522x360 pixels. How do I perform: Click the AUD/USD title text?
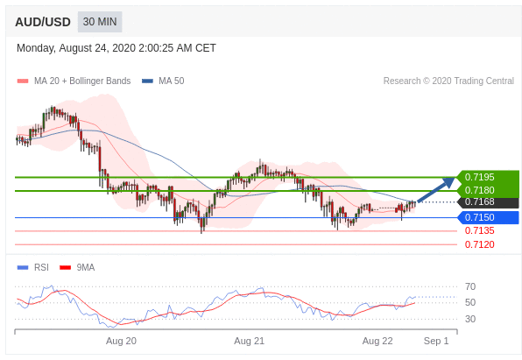43,22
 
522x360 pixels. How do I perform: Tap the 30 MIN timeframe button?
100,22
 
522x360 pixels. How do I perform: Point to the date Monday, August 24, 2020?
76,48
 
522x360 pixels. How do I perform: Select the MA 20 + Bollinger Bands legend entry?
74,81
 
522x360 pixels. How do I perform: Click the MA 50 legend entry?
163,81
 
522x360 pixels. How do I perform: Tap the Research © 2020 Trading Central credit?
448,81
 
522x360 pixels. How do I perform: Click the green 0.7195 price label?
479,177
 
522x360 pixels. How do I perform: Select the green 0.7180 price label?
479,190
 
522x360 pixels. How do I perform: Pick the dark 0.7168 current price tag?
479,201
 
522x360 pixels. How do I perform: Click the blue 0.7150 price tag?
479,217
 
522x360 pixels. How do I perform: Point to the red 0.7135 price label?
479,230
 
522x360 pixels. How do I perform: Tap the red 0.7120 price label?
479,244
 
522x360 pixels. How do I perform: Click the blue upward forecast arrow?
436,189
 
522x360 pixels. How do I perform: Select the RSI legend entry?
33,267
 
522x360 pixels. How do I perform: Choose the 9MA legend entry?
77,267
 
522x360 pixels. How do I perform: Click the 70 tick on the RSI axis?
470,286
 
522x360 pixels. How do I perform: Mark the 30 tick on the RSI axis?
470,319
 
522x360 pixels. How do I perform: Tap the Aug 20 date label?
121,341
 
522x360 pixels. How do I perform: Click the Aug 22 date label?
377,341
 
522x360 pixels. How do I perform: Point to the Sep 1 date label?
436,341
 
